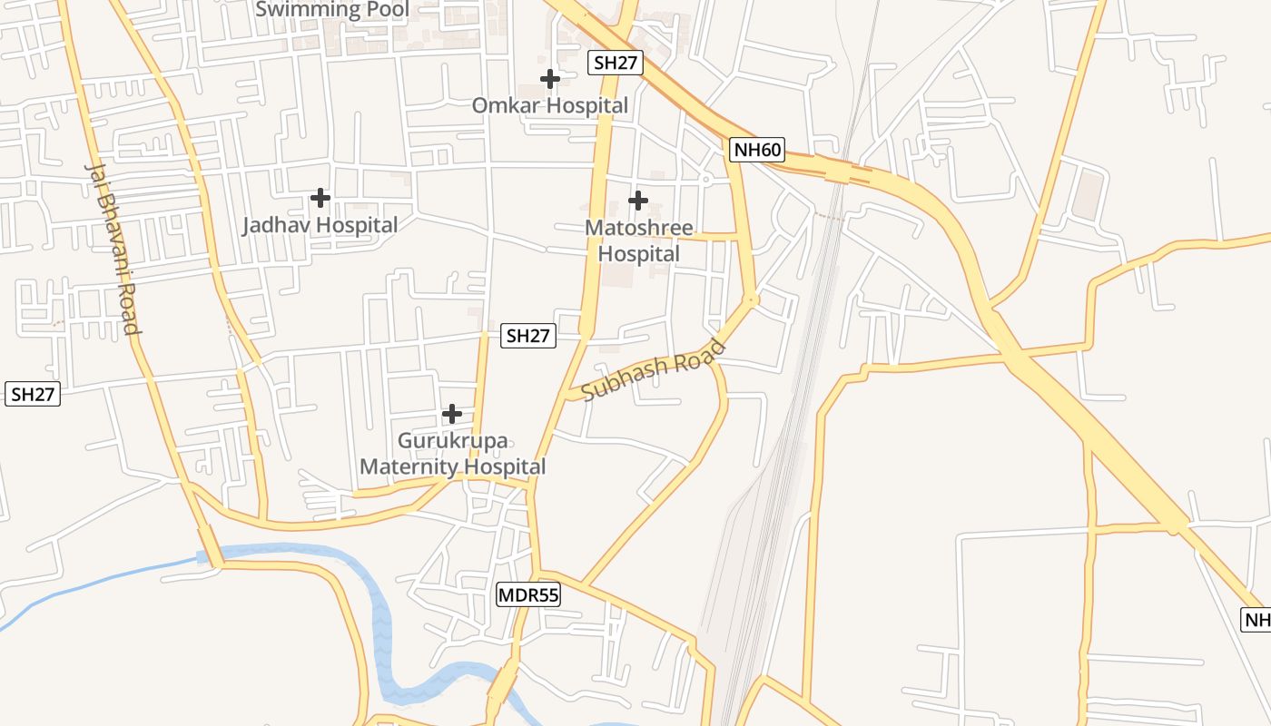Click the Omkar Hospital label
pyautogui.click(x=549, y=105)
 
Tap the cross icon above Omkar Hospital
pyautogui.click(x=549, y=79)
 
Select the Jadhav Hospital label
pyautogui.click(x=320, y=225)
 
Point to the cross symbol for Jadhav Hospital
pyautogui.click(x=320, y=197)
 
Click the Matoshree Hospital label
pyautogui.click(x=639, y=240)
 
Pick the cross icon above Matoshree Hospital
pyautogui.click(x=638, y=200)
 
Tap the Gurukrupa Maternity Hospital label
pyautogui.click(x=453, y=454)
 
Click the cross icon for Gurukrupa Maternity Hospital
pyautogui.click(x=451, y=415)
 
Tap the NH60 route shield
pyautogui.click(x=756, y=150)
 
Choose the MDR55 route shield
pyautogui.click(x=528, y=595)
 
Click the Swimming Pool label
pyautogui.click(x=332, y=10)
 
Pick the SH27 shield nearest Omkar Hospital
pyautogui.click(x=616, y=63)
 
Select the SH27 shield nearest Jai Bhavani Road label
pyautogui.click(x=33, y=394)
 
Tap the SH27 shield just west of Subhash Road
pyautogui.click(x=528, y=336)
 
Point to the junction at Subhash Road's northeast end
pyautogui.click(x=752, y=299)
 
